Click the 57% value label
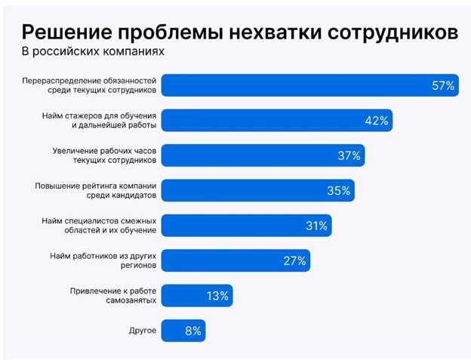tap(442, 86)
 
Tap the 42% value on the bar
tap(377, 121)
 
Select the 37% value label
tap(349, 156)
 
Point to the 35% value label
tap(339, 191)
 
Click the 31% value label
tap(316, 226)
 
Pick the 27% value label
tap(294, 261)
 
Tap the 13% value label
tap(217, 296)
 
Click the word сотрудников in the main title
tap(392, 32)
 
